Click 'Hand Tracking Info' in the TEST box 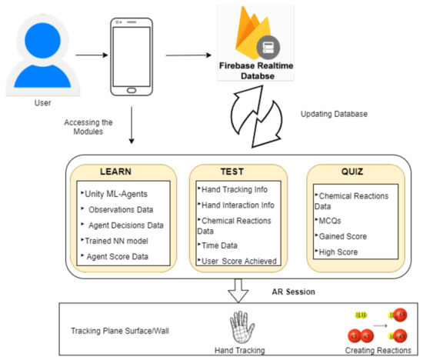point(237,188)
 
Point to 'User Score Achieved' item point(238,261)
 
